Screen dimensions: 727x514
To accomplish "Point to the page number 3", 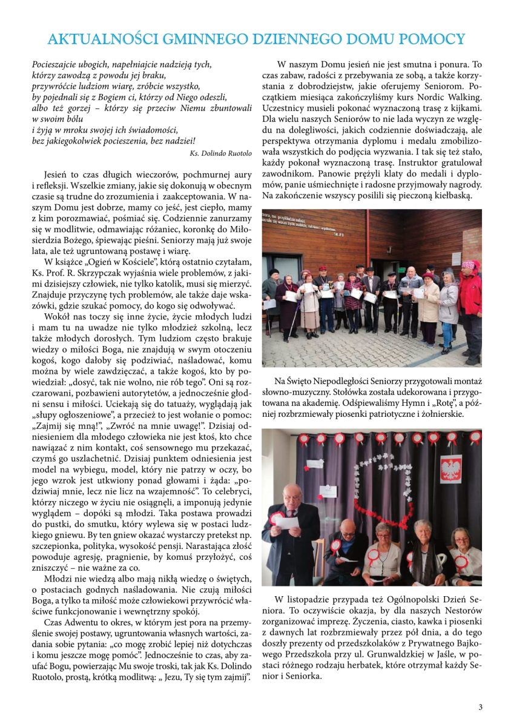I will [x=480, y=707].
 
